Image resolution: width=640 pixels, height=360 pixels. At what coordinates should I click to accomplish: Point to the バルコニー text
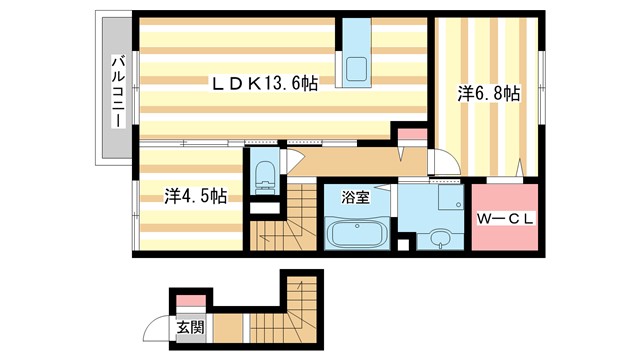point(117,92)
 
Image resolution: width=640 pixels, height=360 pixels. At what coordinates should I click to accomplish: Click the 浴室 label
point(356,197)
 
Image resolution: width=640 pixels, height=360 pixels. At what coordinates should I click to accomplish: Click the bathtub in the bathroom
point(357,237)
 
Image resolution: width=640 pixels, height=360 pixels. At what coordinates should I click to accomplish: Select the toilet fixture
point(264,176)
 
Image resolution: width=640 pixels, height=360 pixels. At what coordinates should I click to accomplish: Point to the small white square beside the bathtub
point(403,242)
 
